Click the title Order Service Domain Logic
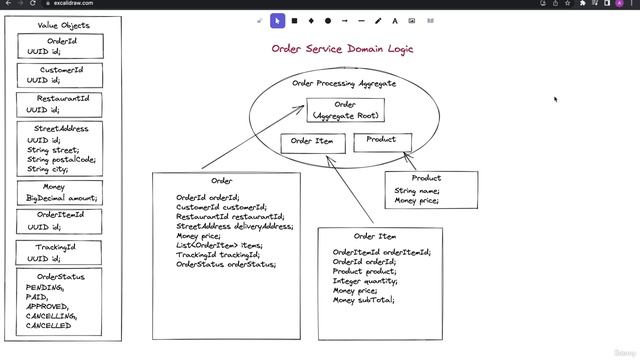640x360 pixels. (342, 48)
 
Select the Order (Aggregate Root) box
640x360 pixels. (344, 110)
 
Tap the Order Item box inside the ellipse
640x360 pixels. (312, 142)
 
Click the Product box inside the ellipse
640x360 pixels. (381, 141)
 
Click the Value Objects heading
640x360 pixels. (63, 25)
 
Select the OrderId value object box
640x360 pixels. (62, 47)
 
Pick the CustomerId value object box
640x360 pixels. (62, 76)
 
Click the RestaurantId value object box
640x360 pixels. (62, 105)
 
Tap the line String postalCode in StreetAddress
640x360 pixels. (62, 160)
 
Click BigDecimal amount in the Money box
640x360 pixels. (62, 199)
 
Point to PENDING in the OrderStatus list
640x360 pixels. (45, 288)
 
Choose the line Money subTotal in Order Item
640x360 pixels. (364, 300)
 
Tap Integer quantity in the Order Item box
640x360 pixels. (365, 281)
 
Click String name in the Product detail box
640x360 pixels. (416, 191)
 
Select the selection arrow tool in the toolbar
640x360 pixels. (278, 20)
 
